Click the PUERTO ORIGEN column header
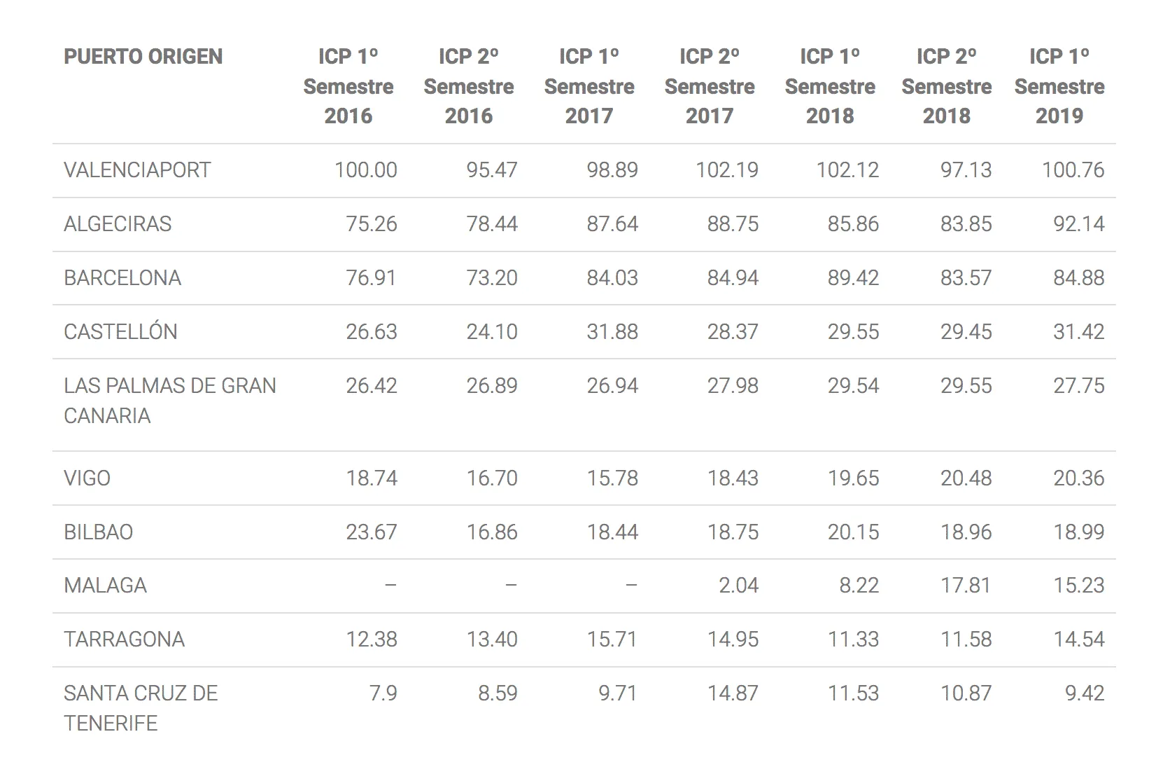143,57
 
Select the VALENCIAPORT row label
137,170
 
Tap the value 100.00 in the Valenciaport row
365,170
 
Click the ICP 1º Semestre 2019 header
1059,85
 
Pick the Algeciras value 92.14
1078,224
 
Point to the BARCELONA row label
122,278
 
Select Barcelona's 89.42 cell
853,278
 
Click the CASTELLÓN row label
120,331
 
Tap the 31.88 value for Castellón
612,332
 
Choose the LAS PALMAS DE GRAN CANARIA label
170,401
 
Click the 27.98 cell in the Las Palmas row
733,385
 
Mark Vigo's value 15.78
612,478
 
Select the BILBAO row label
99,532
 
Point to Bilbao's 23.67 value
372,532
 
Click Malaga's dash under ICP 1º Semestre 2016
390,586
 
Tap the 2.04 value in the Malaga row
738,586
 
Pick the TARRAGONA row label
124,639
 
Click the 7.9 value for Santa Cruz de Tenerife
383,693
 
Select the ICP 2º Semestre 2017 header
710,85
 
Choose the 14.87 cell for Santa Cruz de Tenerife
733,693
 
